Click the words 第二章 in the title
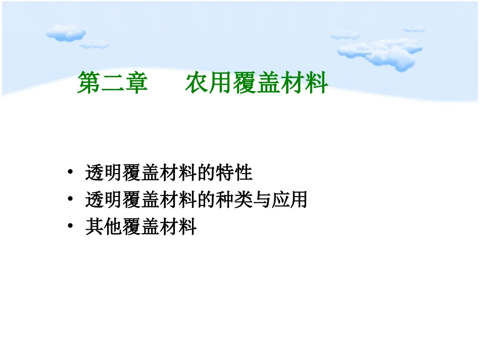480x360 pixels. pos(112,83)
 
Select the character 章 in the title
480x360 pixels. pos(136,83)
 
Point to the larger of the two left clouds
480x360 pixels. pos(66,33)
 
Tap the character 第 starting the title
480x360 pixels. pos(88,83)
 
